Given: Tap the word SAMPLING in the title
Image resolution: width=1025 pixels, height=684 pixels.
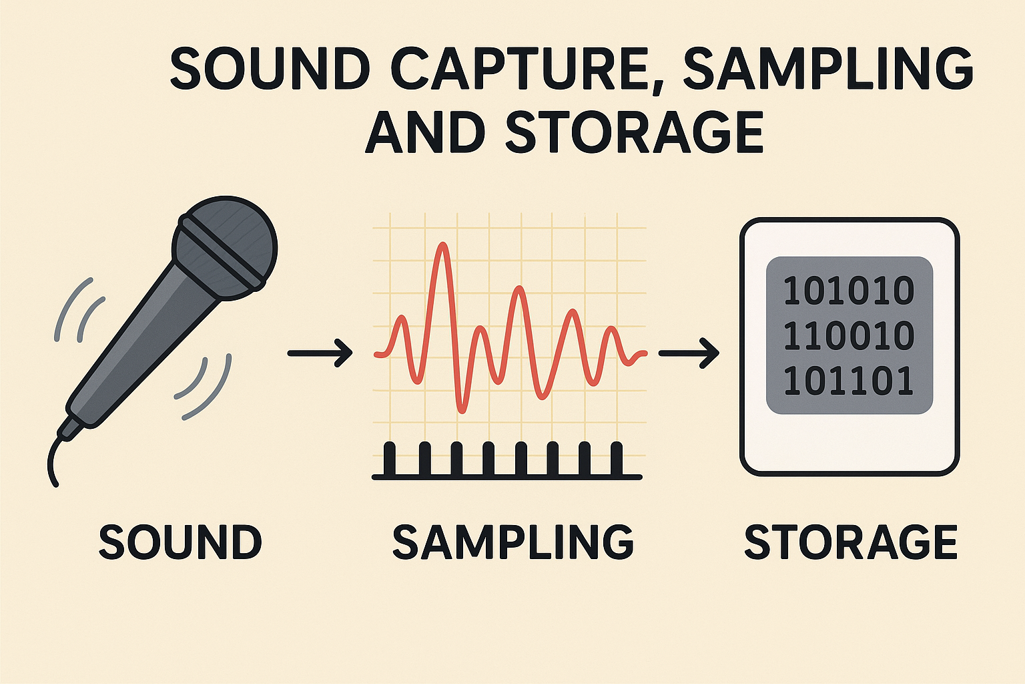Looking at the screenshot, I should pyautogui.click(x=828, y=69).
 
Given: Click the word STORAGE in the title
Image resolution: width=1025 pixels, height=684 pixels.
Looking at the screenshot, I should pyautogui.click(x=634, y=132).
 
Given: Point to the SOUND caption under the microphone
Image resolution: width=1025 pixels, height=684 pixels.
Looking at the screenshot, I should pyautogui.click(x=180, y=542).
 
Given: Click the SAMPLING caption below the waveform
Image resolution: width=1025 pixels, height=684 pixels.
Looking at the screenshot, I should pyautogui.click(x=512, y=542).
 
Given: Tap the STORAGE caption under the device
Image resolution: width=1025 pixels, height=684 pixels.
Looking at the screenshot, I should pyautogui.click(x=851, y=542).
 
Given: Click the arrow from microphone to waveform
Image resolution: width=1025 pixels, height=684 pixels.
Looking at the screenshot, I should pyautogui.click(x=320, y=353).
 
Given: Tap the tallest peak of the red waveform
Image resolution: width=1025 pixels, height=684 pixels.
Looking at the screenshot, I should pyautogui.click(x=440, y=245).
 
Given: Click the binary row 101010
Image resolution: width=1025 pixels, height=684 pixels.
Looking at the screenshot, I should pyautogui.click(x=848, y=291).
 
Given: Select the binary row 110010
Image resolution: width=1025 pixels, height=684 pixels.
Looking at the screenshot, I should pyautogui.click(x=848, y=336).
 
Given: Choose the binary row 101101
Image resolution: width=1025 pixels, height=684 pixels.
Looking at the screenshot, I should pyautogui.click(x=848, y=381).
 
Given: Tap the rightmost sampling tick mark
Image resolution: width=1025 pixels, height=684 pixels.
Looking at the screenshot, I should pyautogui.click(x=617, y=459).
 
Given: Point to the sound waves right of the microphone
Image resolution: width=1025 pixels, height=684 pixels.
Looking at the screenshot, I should pyautogui.click(x=205, y=387).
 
